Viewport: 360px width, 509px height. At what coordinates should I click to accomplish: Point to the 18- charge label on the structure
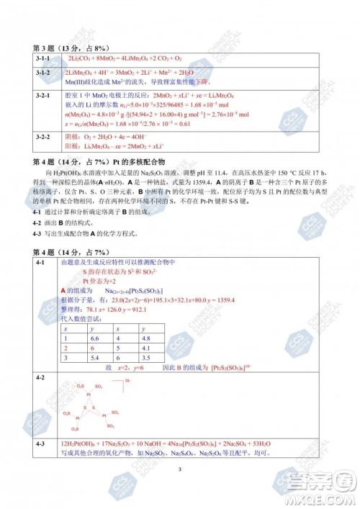tap(127, 381)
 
